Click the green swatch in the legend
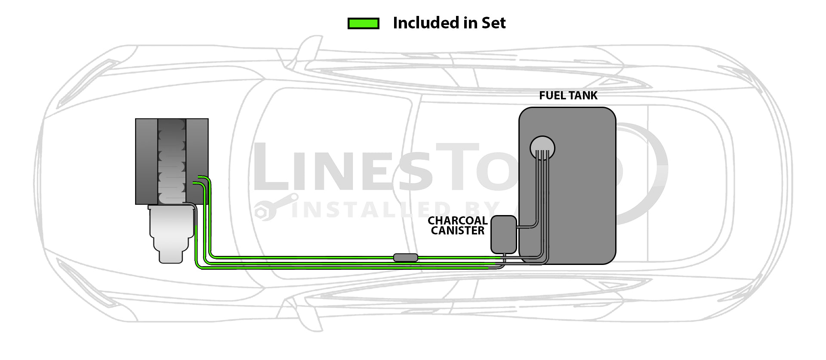[x=363, y=23]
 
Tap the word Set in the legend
[x=493, y=23]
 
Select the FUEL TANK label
[x=568, y=95]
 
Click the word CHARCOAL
[x=457, y=221]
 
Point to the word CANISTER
[x=457, y=231]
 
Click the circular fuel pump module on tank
[x=542, y=148]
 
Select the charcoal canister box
[x=503, y=234]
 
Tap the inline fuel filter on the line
[x=405, y=258]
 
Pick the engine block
[x=172, y=161]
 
